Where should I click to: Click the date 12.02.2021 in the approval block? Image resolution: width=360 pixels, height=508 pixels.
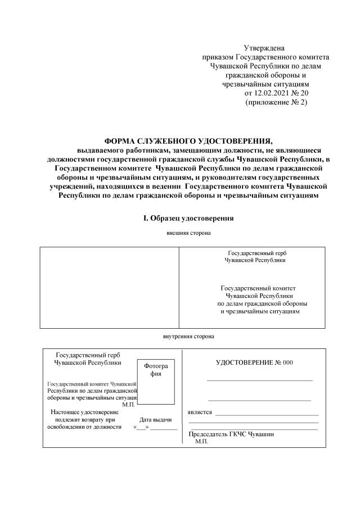coord(273,93)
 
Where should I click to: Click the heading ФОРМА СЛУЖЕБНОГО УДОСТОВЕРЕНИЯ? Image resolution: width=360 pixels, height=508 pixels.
coord(189,141)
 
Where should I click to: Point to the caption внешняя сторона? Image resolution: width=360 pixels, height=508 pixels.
coord(188,232)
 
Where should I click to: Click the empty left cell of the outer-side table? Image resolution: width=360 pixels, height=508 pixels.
coord(109,287)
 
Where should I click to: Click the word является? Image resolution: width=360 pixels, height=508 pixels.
coord(200,412)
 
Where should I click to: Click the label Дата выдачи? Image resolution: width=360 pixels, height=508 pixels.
coord(155,419)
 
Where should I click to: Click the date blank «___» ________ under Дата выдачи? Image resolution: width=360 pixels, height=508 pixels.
coord(156,427)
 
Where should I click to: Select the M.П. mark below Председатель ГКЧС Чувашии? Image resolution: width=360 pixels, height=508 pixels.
coord(201,442)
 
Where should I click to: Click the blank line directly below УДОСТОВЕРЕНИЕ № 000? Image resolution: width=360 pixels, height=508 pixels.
coord(259,380)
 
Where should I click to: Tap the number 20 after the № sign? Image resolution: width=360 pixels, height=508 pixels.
coord(305,93)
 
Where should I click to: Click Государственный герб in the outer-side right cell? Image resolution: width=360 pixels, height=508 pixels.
coord(260,253)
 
